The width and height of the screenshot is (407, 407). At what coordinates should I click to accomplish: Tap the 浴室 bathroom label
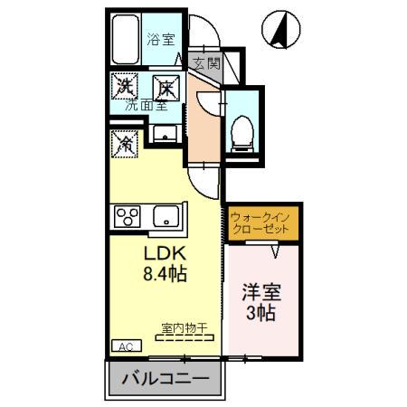(162, 39)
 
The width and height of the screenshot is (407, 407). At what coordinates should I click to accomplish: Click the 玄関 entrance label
(206, 63)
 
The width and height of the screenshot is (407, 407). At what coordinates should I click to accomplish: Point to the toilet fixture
(242, 131)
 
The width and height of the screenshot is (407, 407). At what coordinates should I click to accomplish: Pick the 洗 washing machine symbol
(124, 88)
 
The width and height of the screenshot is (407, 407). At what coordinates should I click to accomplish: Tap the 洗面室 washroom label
(145, 106)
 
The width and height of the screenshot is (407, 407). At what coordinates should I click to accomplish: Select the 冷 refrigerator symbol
(124, 143)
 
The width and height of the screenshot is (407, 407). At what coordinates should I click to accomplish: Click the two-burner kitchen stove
(126, 217)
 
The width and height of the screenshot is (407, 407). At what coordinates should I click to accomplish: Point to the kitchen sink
(165, 217)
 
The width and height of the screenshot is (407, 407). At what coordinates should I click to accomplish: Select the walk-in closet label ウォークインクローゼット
(260, 223)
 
